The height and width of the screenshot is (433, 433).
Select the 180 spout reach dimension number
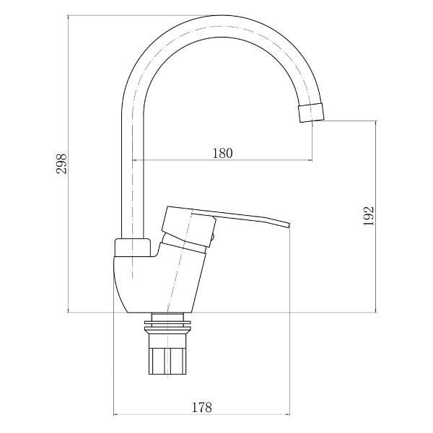tap(222, 152)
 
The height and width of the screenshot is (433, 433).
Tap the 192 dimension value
tap(368, 216)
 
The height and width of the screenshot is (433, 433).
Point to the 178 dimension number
tap(202, 408)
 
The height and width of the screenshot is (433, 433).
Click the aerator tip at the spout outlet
tap(311, 113)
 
